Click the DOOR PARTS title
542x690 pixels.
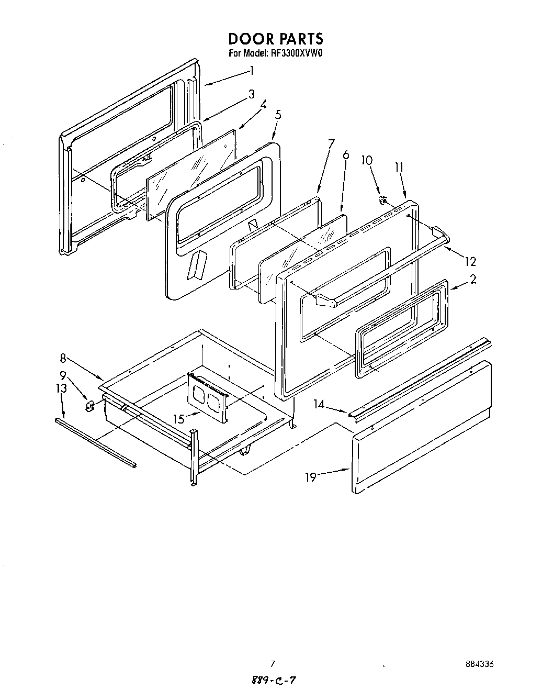pos(275,39)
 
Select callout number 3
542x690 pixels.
pos(252,94)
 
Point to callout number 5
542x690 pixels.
pos(278,114)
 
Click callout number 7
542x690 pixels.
pos(331,143)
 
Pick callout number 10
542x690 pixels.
pos(367,160)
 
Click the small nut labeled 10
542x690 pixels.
pos(383,199)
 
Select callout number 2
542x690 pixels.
pos(472,279)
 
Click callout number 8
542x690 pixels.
pos(63,358)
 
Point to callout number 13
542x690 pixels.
pos(61,388)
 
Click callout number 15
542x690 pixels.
pos(179,419)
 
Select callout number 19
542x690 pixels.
pos(311,477)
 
